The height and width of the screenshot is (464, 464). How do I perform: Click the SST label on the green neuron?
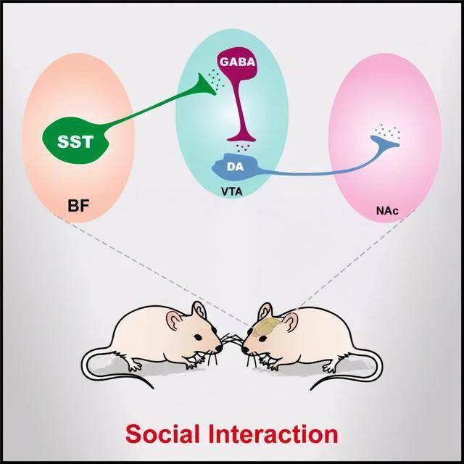pyautogui.click(x=75, y=141)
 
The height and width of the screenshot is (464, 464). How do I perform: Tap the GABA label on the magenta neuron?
pyautogui.click(x=237, y=62)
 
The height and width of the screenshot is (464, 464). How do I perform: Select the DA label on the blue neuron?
pyautogui.click(x=235, y=167)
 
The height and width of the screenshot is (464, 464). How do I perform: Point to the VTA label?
pyautogui.click(x=232, y=191)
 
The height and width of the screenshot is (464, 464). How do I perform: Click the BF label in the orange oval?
pyautogui.click(x=78, y=205)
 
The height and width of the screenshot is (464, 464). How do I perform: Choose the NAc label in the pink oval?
pyautogui.click(x=387, y=211)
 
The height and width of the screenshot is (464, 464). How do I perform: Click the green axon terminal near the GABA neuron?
pyautogui.click(x=207, y=86)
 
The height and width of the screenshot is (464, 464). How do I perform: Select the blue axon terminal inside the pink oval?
pyautogui.click(x=385, y=142)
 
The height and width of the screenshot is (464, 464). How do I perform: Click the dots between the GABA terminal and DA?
pyautogui.click(x=243, y=147)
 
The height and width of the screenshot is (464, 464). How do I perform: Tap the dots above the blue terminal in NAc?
pyautogui.click(x=386, y=130)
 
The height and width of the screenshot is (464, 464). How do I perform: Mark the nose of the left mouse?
pyautogui.click(x=219, y=349)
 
